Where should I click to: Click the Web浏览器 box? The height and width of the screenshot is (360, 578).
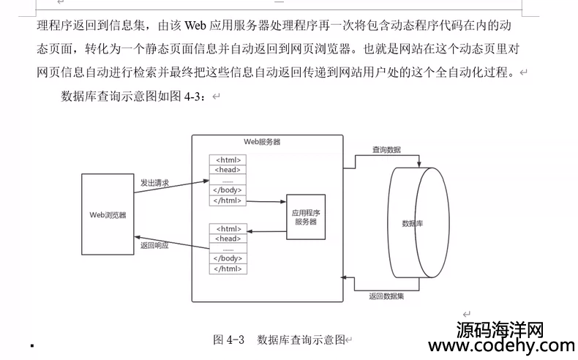tap(108, 215)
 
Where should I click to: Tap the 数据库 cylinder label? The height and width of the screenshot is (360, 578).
tap(413, 222)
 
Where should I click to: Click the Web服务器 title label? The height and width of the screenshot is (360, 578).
tap(261, 142)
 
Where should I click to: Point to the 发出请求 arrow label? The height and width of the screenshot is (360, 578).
tap(154, 183)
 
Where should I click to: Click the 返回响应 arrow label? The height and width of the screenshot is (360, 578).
tap(154, 246)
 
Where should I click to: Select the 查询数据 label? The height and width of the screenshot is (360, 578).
tap(386, 149)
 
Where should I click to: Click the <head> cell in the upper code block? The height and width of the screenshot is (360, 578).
tap(228, 170)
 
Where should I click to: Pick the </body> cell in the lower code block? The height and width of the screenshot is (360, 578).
tap(228, 258)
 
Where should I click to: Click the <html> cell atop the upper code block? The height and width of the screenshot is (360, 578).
tap(228, 160)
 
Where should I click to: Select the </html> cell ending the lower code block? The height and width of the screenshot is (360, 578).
tap(228, 269)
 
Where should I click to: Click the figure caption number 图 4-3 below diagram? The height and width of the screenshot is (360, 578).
tap(228, 340)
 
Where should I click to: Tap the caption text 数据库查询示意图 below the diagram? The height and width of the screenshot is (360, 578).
tap(301, 340)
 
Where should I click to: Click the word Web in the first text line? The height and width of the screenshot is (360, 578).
tap(194, 27)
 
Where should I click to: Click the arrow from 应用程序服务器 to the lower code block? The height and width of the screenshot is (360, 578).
tap(266, 232)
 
